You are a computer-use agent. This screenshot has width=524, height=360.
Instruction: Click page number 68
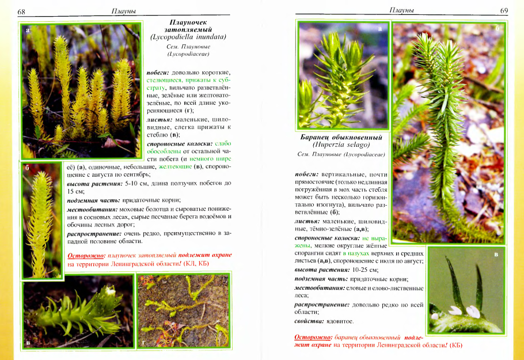point(21,12)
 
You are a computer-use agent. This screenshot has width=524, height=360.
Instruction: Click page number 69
point(503,10)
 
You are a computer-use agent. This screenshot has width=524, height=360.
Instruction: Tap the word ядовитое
point(340,321)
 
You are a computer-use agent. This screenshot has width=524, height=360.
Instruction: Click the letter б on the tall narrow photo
point(27,168)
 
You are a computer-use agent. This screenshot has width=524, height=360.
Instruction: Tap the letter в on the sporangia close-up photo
point(496,254)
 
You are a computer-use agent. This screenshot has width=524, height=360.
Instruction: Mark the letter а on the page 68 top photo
point(27,29)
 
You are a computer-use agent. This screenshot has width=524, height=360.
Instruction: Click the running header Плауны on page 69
point(402,10)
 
